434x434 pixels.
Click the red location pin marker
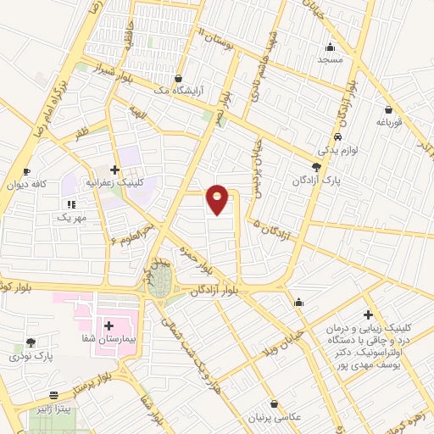tap(218, 199)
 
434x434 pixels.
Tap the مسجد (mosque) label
tap(329, 60)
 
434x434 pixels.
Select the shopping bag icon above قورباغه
tap(388, 109)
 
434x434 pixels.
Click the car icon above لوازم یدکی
tap(338, 137)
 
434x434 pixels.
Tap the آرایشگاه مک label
tap(178, 90)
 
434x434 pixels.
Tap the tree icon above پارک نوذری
tap(31, 342)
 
